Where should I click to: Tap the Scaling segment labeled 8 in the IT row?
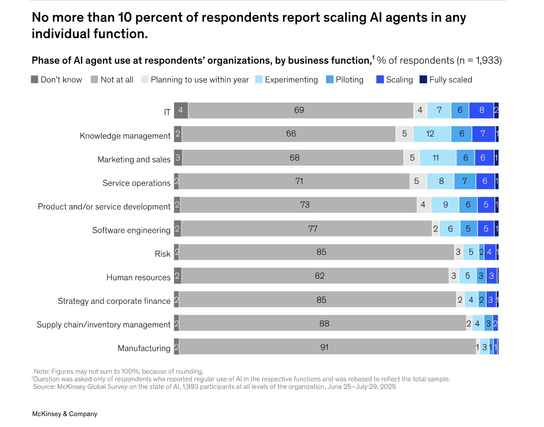point(481,110)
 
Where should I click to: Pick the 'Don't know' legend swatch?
point(35,80)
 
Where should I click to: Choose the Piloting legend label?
point(349,80)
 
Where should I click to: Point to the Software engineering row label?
point(131,230)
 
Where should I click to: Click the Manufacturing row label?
point(144,348)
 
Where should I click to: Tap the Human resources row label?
point(138,277)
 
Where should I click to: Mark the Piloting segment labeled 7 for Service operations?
point(465,181)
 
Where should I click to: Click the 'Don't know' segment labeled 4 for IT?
point(181,110)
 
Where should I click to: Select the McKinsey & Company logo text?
point(65,414)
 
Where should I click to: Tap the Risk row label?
point(163,254)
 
